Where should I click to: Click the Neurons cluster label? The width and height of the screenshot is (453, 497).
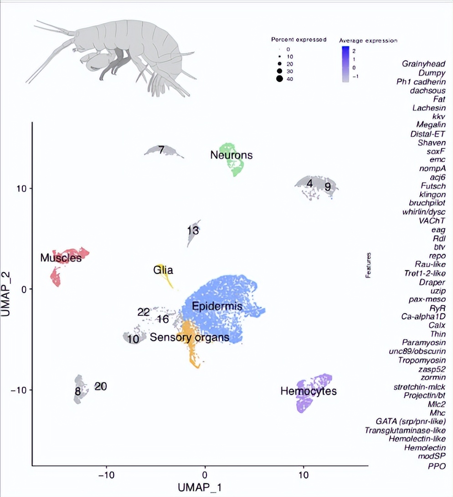pyautogui.click(x=231, y=155)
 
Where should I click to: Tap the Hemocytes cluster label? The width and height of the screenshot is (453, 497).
pyautogui.click(x=309, y=391)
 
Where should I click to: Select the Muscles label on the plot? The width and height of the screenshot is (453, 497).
pyautogui.click(x=61, y=258)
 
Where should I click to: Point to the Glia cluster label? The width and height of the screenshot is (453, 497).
pyautogui.click(x=163, y=270)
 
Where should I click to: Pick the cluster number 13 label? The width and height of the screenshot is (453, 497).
pyautogui.click(x=193, y=231)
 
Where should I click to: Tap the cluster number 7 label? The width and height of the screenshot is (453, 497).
pyautogui.click(x=161, y=149)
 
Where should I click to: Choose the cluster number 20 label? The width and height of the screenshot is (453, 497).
pyautogui.click(x=101, y=386)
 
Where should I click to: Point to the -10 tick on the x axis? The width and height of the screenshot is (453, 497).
pyautogui.click(x=106, y=475)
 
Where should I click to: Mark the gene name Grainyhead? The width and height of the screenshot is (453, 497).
pyautogui.click(x=423, y=64)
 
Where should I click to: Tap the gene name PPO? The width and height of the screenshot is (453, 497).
pyautogui.click(x=436, y=466)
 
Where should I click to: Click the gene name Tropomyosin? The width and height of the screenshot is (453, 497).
pyautogui.click(x=423, y=360)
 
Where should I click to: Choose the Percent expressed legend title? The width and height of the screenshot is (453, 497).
pyautogui.click(x=299, y=40)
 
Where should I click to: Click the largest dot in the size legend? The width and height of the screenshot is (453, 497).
pyautogui.click(x=279, y=79)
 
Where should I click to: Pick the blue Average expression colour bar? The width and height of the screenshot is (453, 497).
pyautogui.click(x=345, y=64)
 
